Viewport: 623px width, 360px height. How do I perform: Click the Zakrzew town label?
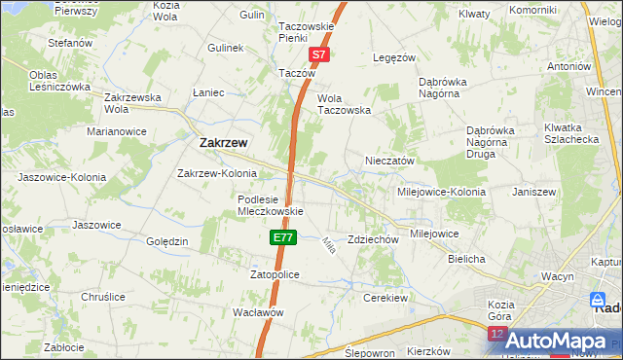tap(222, 142)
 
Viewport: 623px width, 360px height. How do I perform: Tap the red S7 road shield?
tap(320, 56)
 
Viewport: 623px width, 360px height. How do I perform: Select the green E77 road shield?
tap(281, 236)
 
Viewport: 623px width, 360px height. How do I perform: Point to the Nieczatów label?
tap(389, 161)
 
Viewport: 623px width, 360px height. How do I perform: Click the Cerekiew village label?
tap(384, 297)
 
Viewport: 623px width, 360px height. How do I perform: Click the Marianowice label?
tap(116, 130)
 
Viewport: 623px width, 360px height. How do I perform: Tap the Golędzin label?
tap(165, 240)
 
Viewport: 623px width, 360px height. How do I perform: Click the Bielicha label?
tap(466, 260)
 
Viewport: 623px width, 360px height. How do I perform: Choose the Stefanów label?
tap(70, 43)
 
